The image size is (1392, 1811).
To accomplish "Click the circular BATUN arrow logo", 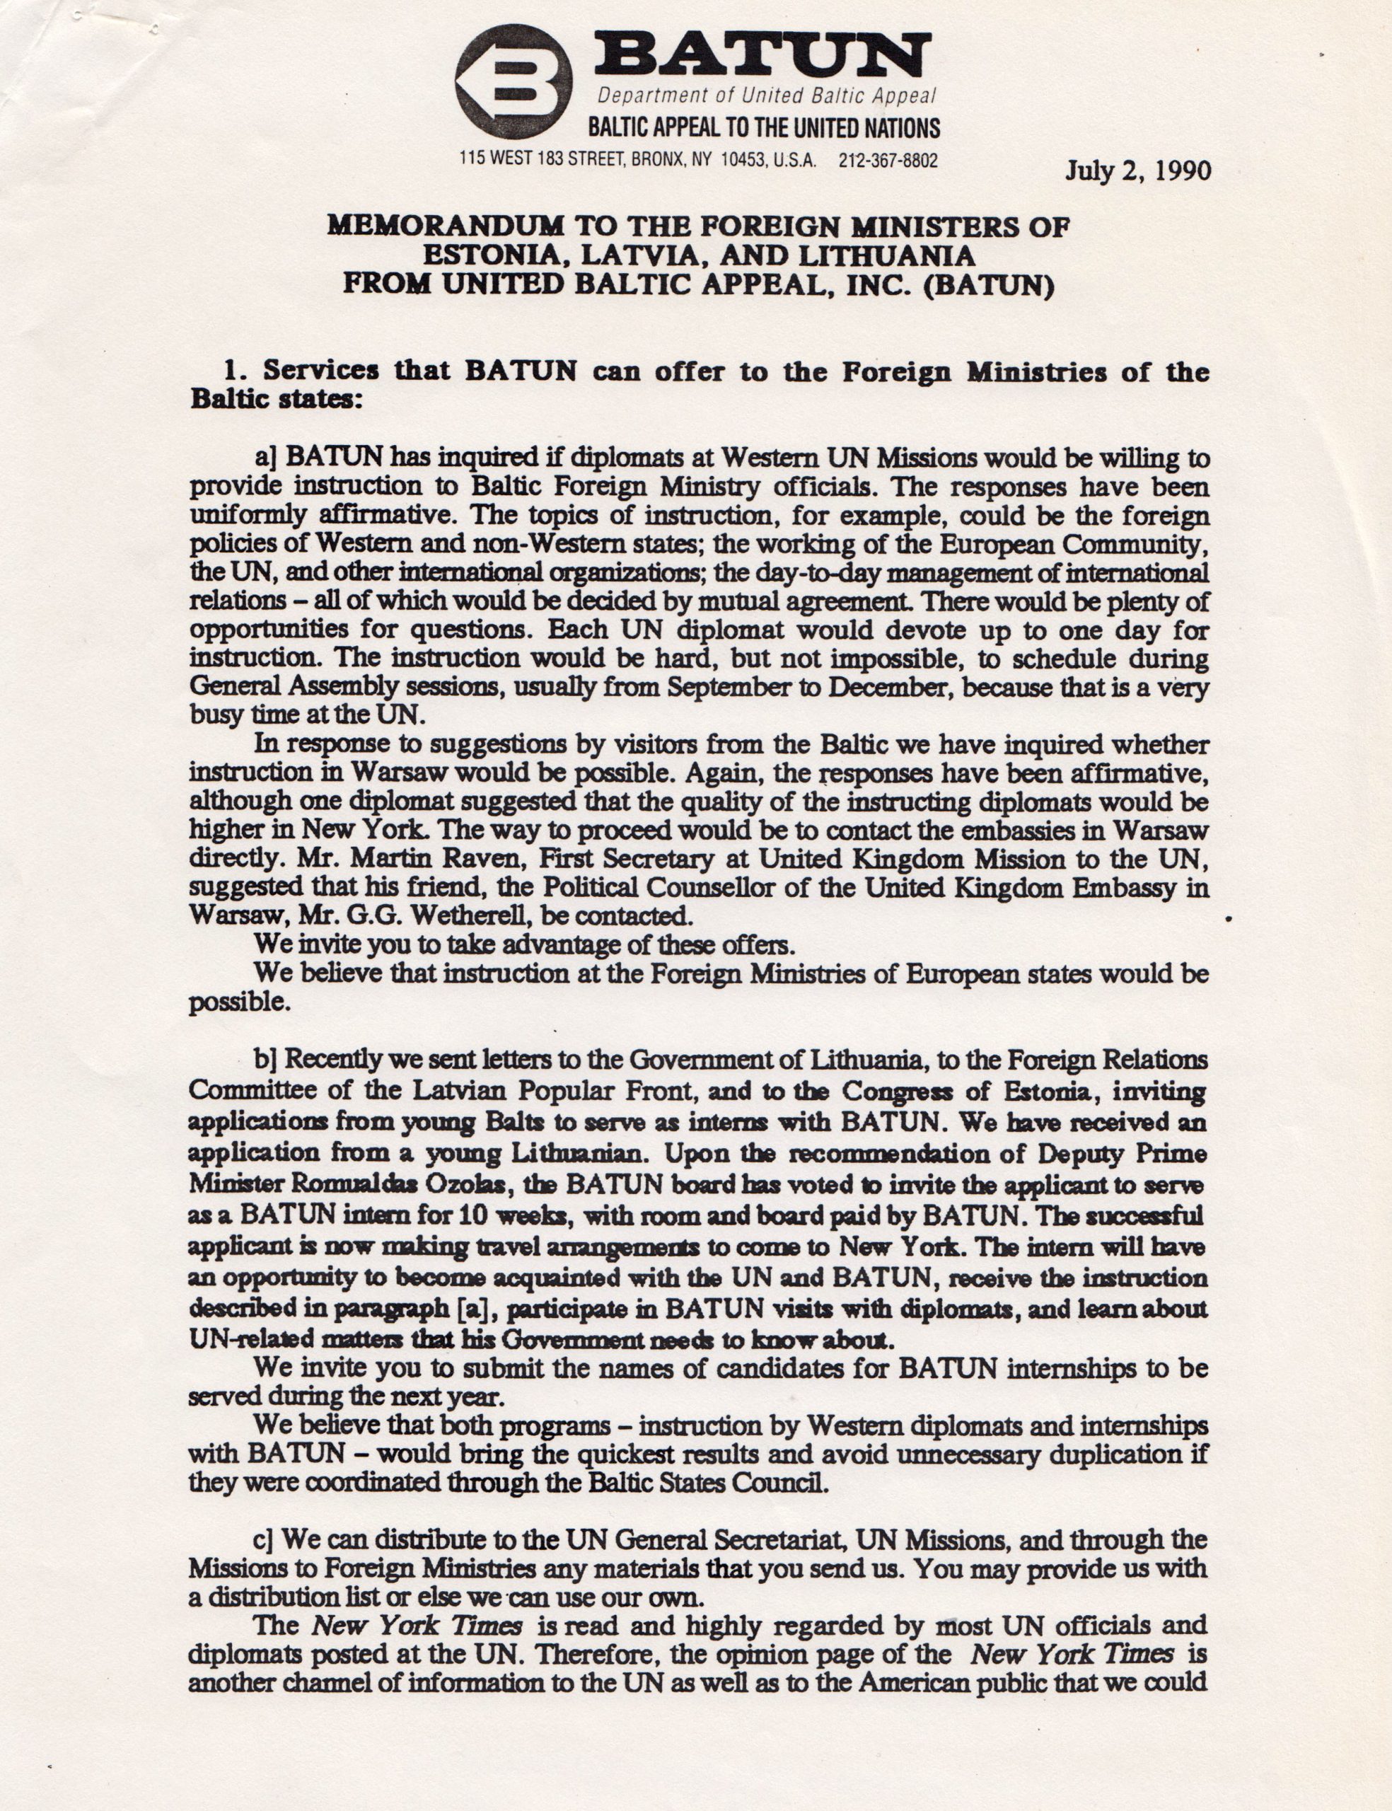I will click(x=514, y=81).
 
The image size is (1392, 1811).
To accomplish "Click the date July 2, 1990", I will click(x=1137, y=171).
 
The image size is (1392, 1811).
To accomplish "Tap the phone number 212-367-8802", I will click(x=888, y=161).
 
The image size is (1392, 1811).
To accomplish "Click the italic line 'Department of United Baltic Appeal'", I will click(x=767, y=96).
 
